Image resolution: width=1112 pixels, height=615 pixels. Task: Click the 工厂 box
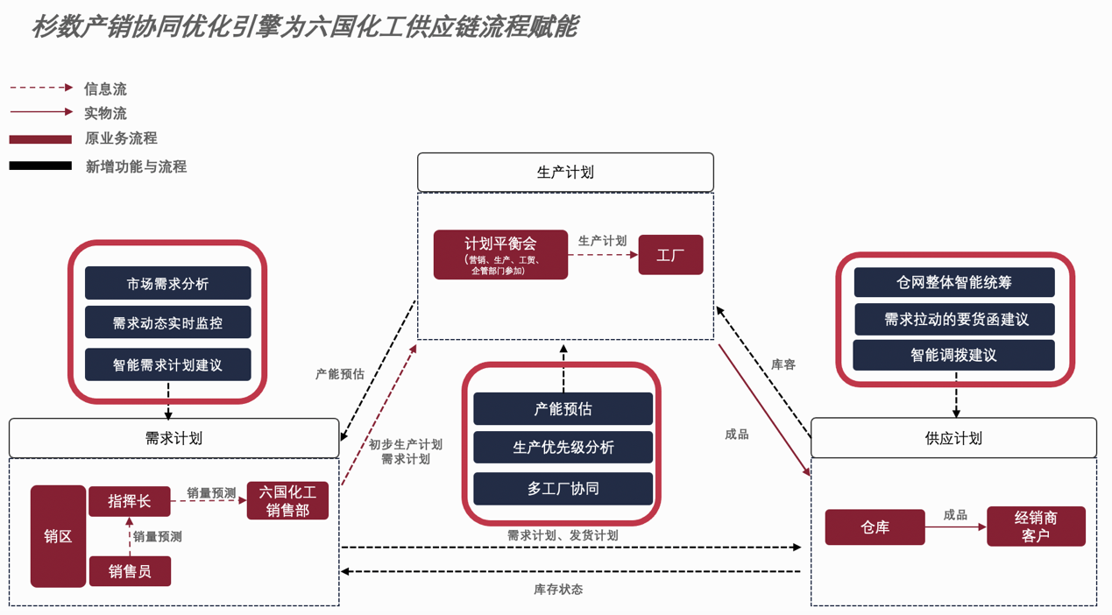[x=670, y=255]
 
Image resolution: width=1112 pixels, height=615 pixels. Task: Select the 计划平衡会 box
[x=500, y=255]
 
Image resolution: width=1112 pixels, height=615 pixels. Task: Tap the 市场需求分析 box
[x=168, y=284]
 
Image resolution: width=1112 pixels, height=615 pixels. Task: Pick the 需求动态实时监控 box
[x=168, y=322]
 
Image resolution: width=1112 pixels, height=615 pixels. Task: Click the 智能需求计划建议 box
[x=168, y=364]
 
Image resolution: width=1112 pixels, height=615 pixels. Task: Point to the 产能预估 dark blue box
[x=563, y=409]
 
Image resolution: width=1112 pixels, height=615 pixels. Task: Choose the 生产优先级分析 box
[x=563, y=448]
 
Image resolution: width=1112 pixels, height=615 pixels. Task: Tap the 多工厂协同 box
[x=563, y=488]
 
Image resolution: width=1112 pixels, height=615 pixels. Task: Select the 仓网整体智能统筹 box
[x=953, y=282]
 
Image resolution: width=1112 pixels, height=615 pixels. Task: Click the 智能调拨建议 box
[x=953, y=355]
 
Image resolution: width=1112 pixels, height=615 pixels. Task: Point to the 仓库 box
[x=875, y=527]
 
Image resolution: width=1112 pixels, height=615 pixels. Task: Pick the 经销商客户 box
[x=1036, y=527]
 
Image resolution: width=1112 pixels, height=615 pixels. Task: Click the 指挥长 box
[x=129, y=501]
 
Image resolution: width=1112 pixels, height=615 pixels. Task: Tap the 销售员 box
[x=130, y=571]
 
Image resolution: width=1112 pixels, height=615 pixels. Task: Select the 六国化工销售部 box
[x=287, y=501]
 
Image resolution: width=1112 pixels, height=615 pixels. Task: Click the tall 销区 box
[x=58, y=536]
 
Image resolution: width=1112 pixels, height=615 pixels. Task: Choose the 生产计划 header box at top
[x=565, y=173]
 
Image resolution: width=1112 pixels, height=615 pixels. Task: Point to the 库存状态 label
[x=558, y=590]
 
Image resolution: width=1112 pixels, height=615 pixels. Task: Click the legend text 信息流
[x=105, y=89]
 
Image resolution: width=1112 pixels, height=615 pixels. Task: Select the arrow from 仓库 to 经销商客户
[x=955, y=527]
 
